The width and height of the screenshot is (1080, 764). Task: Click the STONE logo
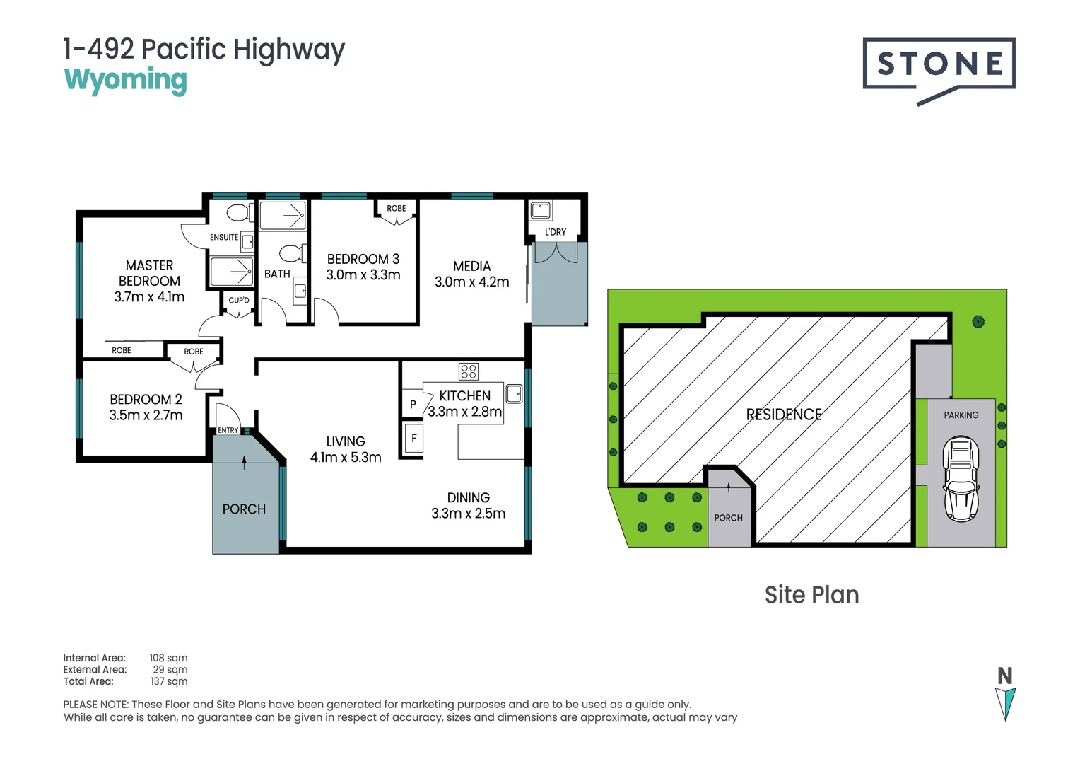pyautogui.click(x=939, y=71)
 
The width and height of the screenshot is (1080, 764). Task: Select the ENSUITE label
pyautogui.click(x=224, y=237)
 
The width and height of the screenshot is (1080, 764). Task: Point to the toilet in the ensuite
pyautogui.click(x=240, y=212)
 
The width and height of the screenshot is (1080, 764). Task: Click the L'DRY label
pyautogui.click(x=556, y=232)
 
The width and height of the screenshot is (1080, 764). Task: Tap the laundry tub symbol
pyautogui.click(x=541, y=211)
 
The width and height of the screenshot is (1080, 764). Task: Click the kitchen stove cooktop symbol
pyautogui.click(x=469, y=371)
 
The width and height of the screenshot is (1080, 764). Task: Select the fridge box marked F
pyautogui.click(x=413, y=438)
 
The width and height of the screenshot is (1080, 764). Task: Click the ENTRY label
pyautogui.click(x=228, y=430)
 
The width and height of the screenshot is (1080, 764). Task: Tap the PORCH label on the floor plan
pyautogui.click(x=244, y=509)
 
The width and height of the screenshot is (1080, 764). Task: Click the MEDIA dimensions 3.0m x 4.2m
pyautogui.click(x=472, y=282)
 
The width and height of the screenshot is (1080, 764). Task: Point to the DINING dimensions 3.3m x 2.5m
pyautogui.click(x=468, y=513)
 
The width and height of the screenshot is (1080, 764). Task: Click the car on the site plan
pyautogui.click(x=961, y=479)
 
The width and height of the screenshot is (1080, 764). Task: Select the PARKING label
pyautogui.click(x=961, y=415)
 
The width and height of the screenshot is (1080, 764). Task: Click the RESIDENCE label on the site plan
pyautogui.click(x=784, y=415)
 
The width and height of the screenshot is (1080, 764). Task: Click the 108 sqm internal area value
pyautogui.click(x=168, y=658)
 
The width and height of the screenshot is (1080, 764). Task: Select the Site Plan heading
pyautogui.click(x=812, y=595)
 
